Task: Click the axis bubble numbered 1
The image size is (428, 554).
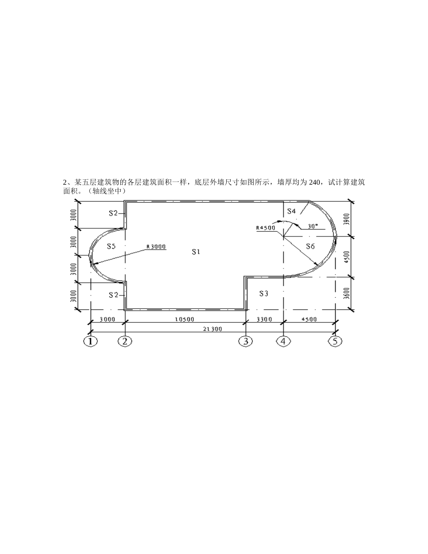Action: tap(91, 341)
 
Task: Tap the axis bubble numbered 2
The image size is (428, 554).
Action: tap(125, 341)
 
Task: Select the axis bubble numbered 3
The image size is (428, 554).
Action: tap(246, 341)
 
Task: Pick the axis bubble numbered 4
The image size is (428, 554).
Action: tap(283, 341)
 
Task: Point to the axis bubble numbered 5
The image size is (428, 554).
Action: tap(335, 341)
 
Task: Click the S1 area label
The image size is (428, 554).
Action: tap(196, 252)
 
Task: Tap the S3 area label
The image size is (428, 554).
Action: tap(264, 294)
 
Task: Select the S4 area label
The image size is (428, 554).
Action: tap(291, 211)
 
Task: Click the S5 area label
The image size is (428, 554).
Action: tap(111, 246)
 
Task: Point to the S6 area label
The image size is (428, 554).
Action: tap(310, 246)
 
